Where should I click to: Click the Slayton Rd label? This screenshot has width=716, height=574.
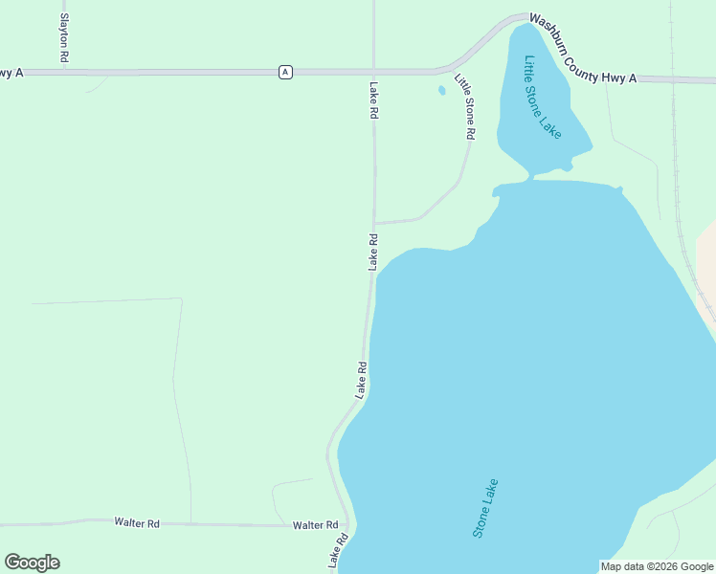64,38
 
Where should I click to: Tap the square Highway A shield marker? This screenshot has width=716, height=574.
285,72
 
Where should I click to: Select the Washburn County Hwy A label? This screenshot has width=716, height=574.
582,49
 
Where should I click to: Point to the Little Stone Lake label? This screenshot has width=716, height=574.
542,97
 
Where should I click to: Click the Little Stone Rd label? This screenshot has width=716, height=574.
464,107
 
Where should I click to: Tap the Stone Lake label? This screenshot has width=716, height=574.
485,507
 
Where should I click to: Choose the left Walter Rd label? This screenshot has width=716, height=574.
136,522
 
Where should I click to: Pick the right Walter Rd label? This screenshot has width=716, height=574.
316,525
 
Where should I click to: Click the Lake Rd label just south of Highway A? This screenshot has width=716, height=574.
373,100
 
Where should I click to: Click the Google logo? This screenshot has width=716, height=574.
32,563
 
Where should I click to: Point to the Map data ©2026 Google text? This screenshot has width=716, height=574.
657,566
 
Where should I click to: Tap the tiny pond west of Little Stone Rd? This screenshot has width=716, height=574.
441,91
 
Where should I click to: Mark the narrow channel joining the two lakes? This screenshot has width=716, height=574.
529,177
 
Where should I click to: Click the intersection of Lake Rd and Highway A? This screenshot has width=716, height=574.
373,72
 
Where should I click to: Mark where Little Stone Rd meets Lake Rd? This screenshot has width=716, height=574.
373,222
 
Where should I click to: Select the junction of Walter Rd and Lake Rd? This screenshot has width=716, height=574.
351,525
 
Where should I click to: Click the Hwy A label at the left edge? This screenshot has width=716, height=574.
11,73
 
